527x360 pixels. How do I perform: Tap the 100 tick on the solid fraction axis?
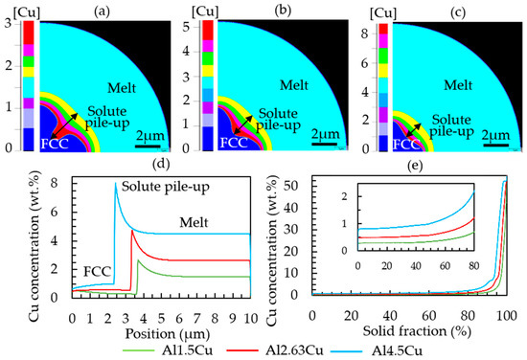tap(507, 315)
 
